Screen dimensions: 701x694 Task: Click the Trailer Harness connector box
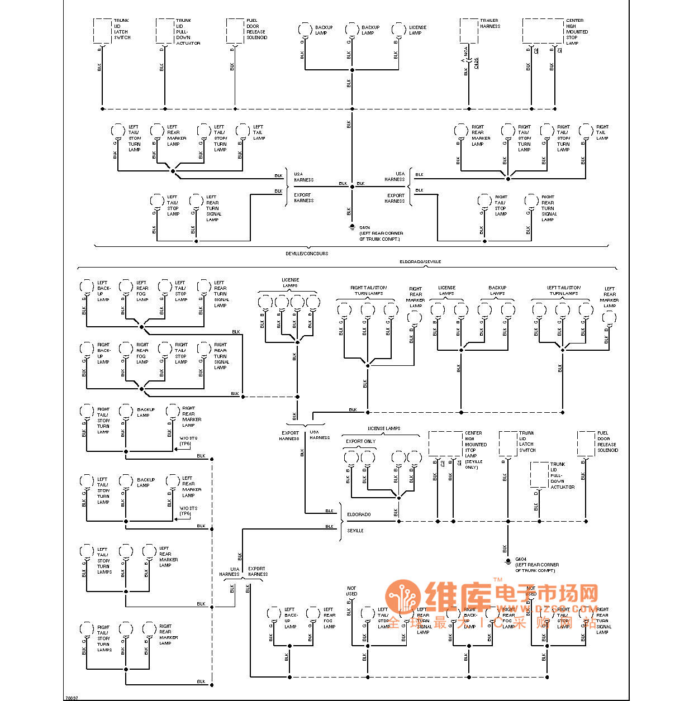click(x=469, y=31)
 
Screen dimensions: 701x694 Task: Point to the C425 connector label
click(x=476, y=62)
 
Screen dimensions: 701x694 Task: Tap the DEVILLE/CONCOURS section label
click(x=307, y=254)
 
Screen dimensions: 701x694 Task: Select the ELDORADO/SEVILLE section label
click(x=420, y=261)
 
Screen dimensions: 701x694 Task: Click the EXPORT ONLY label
click(x=360, y=441)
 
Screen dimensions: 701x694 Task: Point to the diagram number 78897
click(x=72, y=697)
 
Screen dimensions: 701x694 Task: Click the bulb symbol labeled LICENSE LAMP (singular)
click(x=399, y=30)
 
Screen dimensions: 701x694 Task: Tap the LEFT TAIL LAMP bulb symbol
click(x=243, y=131)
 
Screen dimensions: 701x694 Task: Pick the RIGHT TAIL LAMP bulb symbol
click(x=586, y=131)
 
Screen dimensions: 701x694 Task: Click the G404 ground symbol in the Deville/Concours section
click(x=352, y=227)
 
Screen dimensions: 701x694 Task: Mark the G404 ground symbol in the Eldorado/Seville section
click(x=508, y=561)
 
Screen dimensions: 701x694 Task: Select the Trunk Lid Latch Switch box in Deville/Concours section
click(x=102, y=31)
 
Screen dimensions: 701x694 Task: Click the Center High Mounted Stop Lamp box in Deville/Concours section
click(x=543, y=31)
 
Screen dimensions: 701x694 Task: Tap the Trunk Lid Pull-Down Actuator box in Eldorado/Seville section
click(x=539, y=475)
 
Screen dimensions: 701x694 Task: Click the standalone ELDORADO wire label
click(x=359, y=514)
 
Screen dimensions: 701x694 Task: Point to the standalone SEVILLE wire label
click(x=355, y=531)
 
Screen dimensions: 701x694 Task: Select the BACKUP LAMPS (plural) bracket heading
click(x=497, y=290)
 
